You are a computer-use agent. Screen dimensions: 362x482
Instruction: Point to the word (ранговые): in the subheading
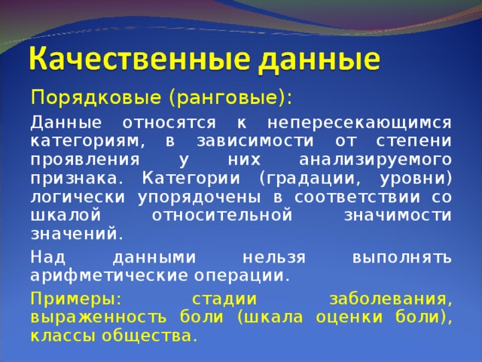click(x=229, y=98)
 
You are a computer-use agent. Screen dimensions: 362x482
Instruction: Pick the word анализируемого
click(x=375, y=159)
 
